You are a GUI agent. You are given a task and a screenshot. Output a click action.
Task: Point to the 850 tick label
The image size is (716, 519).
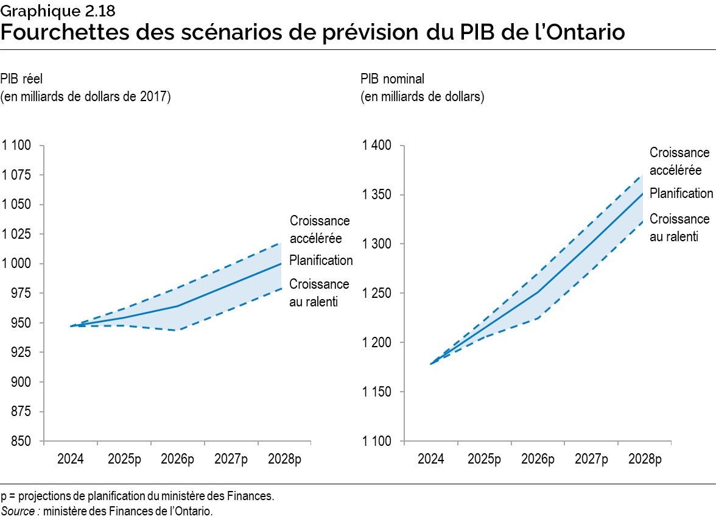(x=21, y=440)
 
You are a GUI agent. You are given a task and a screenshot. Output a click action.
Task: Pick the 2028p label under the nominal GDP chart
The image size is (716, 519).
(x=645, y=459)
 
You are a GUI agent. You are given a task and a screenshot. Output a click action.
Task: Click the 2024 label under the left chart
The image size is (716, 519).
(x=70, y=459)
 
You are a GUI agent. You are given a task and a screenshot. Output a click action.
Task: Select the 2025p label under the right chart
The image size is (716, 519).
(x=484, y=459)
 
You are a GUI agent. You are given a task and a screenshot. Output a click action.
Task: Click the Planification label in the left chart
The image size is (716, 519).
(x=321, y=260)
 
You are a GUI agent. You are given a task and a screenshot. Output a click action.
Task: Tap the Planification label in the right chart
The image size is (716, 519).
(x=681, y=193)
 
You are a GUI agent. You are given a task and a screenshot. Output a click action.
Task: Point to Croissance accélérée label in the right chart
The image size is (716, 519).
(x=679, y=161)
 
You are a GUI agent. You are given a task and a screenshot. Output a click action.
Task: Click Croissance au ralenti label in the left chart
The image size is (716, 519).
(x=319, y=292)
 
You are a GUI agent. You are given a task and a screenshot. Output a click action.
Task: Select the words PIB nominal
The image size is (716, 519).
(x=392, y=79)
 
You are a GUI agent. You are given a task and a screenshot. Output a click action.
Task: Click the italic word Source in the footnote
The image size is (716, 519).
(x=19, y=510)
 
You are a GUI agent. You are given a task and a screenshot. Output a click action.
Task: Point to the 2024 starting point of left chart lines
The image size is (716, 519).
(x=71, y=326)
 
